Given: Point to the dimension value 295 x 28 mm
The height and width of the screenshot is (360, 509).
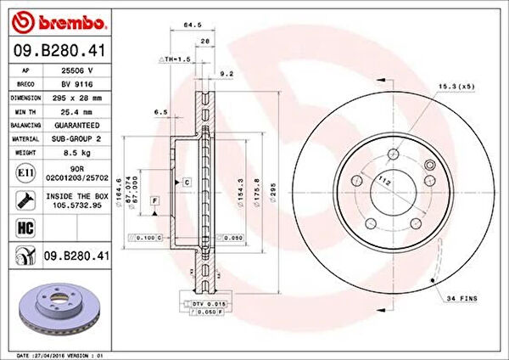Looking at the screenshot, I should coord(77,98).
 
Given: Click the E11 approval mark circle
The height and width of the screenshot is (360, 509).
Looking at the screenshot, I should coord(25,172).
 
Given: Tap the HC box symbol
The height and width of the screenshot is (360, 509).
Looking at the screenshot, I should coord(25,228).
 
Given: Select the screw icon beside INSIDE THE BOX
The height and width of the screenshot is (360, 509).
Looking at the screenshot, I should coord(25,200).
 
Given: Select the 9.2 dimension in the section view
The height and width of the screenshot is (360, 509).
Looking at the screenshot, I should coord(227,75).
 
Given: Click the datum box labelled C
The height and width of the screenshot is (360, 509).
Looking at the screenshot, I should coord(185,183).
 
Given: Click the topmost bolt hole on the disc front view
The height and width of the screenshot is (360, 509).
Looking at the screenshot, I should coord(393,154).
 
